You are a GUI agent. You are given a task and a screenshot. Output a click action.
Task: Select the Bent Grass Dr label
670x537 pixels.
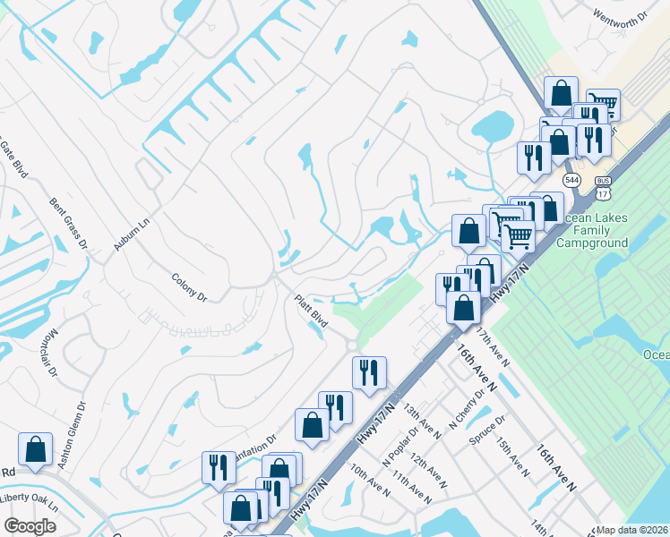pyautogui.click(x=68, y=223)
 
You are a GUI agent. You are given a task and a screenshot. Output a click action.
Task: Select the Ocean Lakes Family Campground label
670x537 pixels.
pyautogui.click(x=592, y=230)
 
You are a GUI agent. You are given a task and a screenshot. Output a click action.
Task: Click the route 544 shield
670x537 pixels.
pyautogui.click(x=573, y=180)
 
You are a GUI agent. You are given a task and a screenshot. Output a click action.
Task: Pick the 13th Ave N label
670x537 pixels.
pyautogui.click(x=421, y=422)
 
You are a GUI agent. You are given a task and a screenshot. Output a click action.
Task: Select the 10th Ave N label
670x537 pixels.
pyautogui.click(x=370, y=479)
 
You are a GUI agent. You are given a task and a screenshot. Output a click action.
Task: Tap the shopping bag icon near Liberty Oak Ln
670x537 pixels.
pyautogui.click(x=36, y=449)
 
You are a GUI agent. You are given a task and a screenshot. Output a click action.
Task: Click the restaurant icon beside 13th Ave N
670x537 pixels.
pyautogui.click(x=368, y=372)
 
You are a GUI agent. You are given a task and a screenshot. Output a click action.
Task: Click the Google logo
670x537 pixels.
pyautogui.click(x=30, y=526)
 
